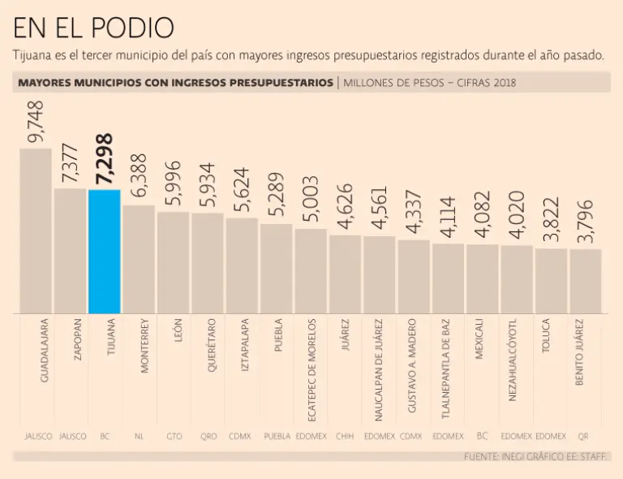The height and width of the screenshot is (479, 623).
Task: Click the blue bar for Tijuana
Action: [105, 252]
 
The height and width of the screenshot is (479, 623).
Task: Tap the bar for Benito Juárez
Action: [586, 281]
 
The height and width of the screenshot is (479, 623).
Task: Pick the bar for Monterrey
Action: [139, 260]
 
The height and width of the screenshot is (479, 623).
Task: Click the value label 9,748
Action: [36, 122]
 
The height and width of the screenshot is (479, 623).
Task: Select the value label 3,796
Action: [586, 221]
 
